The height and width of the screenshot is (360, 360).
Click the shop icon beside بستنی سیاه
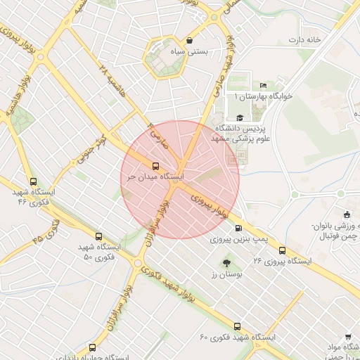tap(191, 40)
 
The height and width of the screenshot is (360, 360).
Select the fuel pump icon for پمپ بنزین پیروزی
tap(240, 228)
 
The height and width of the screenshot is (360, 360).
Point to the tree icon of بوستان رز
tap(226, 263)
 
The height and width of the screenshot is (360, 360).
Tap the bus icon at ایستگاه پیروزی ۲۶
tap(283, 250)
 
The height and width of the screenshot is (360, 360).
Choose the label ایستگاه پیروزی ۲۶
tap(282, 261)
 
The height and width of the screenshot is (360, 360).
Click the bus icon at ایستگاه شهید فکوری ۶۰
tap(237, 326)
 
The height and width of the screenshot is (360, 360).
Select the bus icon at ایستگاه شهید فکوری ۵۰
tap(98, 237)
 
